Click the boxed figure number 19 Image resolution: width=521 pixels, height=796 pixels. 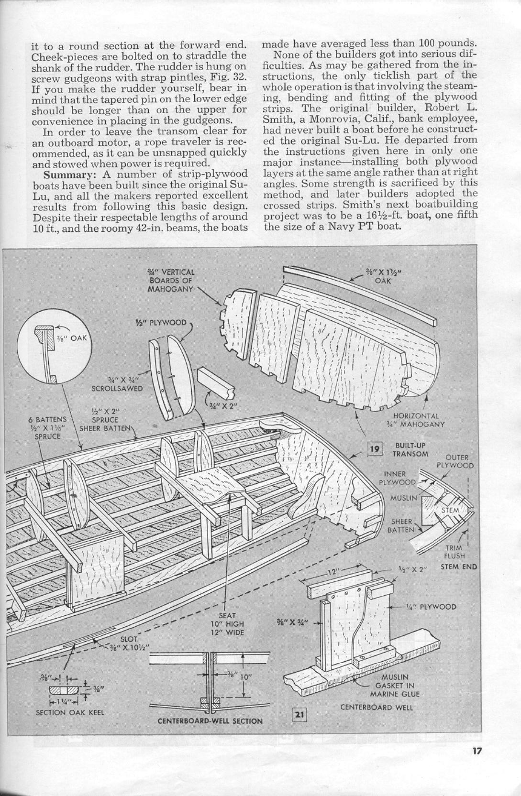pyautogui.click(x=375, y=448)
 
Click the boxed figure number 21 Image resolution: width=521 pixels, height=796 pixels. pyautogui.click(x=299, y=715)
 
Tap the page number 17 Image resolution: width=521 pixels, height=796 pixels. pyautogui.click(x=476, y=751)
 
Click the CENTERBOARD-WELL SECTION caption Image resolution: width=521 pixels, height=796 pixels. pyautogui.click(x=210, y=720)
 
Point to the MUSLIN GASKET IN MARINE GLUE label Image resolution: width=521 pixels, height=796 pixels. pyautogui.click(x=394, y=686)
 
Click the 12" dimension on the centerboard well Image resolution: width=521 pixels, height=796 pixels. pyautogui.click(x=333, y=571)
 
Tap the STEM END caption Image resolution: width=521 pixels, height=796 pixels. pyautogui.click(x=458, y=567)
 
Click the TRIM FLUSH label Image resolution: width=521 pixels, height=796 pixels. pyautogui.click(x=454, y=552)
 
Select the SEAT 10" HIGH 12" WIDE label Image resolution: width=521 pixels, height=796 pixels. pyautogui.click(x=227, y=624)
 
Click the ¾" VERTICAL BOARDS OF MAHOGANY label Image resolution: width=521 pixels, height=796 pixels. pyautogui.click(x=170, y=281)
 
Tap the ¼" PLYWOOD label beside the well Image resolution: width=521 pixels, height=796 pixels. pyautogui.click(x=431, y=607)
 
